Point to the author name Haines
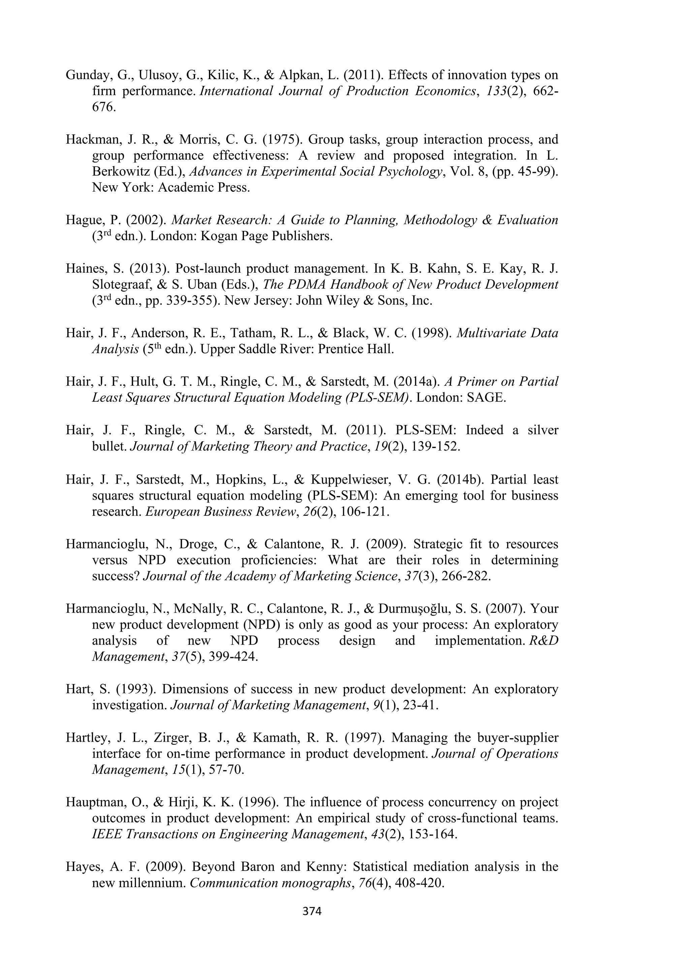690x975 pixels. tap(86, 269)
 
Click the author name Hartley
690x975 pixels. tap(86, 738)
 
